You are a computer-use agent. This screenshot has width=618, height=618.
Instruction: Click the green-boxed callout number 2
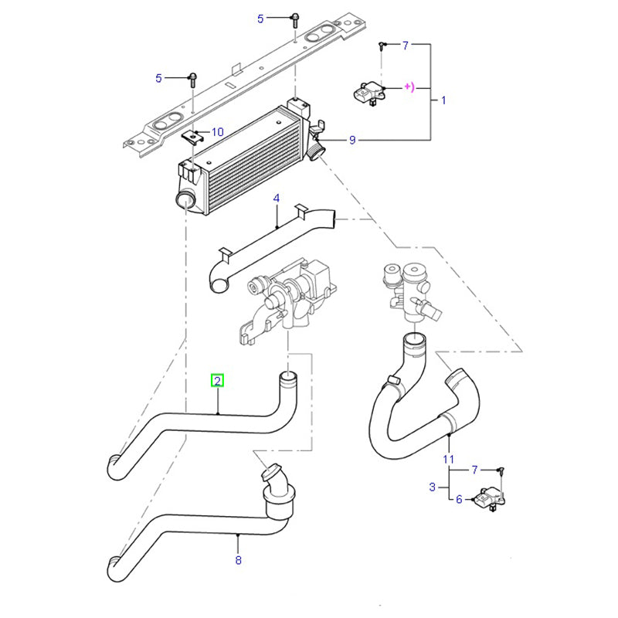(218, 380)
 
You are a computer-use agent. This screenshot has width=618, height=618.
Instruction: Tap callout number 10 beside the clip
(217, 132)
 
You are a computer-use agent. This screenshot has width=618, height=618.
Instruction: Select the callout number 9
(352, 140)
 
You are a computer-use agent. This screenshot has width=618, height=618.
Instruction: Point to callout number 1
(443, 100)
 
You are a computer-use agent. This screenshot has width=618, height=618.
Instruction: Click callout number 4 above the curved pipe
(277, 199)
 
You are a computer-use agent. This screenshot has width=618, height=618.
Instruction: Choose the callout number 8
(238, 560)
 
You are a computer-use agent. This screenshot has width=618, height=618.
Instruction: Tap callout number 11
(448, 460)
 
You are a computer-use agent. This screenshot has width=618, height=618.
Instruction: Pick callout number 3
(432, 487)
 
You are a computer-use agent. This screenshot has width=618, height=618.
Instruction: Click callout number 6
(458, 500)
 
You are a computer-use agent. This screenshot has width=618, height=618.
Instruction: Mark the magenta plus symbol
(409, 87)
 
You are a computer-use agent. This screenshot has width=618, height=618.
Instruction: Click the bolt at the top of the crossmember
(294, 18)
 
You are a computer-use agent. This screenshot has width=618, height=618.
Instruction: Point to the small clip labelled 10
(192, 136)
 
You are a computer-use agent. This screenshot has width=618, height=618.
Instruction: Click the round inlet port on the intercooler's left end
(185, 201)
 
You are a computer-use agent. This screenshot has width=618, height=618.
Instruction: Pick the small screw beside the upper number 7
(382, 47)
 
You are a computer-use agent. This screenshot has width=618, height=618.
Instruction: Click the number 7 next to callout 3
(474, 469)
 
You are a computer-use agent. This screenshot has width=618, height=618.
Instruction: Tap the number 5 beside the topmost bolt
(260, 18)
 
